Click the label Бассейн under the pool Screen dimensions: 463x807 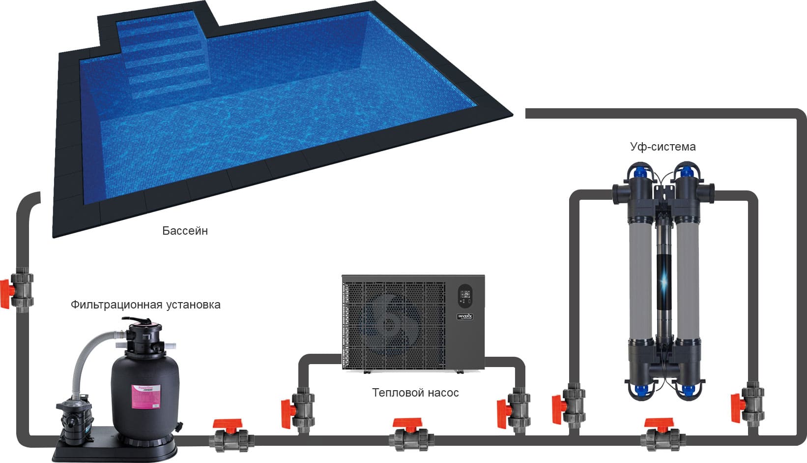(x=185, y=231)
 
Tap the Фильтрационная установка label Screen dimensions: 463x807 (x=145, y=305)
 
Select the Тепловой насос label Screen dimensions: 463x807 (x=415, y=393)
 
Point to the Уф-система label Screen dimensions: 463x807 (x=663, y=147)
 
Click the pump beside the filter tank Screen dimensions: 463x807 (x=74, y=418)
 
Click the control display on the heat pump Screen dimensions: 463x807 (x=464, y=296)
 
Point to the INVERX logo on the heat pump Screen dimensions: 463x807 (x=464, y=316)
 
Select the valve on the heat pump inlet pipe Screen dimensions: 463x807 (x=300, y=408)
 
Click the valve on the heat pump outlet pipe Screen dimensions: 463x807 (x=516, y=408)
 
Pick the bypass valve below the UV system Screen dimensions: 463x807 (x=662, y=435)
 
